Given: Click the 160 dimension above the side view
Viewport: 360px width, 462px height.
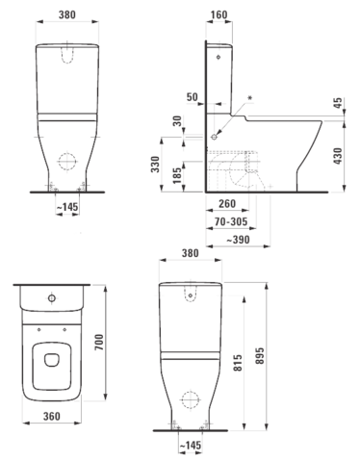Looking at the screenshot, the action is click(219, 14).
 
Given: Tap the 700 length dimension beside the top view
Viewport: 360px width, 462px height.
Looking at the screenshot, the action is click(100, 342).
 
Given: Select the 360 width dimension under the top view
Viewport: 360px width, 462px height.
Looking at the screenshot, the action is click(52, 416).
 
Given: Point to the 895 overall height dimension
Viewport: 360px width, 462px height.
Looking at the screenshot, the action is click(260, 355).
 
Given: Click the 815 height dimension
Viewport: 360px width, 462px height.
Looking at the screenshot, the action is click(238, 363).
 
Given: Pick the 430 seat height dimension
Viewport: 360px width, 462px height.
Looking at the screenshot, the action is click(338, 156).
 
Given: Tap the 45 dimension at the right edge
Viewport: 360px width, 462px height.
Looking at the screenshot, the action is click(338, 103).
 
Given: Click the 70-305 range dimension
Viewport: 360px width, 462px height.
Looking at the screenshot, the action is click(231, 221).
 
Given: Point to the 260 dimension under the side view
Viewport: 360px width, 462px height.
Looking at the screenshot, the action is click(227, 203).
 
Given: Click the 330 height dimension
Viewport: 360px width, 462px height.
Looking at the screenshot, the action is click(155, 165).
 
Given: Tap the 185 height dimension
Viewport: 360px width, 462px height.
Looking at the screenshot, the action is click(177, 175).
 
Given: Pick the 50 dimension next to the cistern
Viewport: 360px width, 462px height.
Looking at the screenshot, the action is click(193, 96).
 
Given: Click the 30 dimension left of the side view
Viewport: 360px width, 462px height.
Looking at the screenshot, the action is click(177, 121).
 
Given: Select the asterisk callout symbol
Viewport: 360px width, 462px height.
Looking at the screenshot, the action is click(250, 98).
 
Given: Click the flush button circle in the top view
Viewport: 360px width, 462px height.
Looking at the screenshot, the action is click(52, 298).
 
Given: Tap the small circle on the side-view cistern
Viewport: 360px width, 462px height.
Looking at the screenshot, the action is click(219, 57).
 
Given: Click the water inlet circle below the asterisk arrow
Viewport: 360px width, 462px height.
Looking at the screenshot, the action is click(214, 137).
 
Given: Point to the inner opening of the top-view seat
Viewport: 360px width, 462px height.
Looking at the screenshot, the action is click(52, 360).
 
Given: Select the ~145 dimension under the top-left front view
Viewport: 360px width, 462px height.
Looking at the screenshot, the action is click(67, 207).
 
